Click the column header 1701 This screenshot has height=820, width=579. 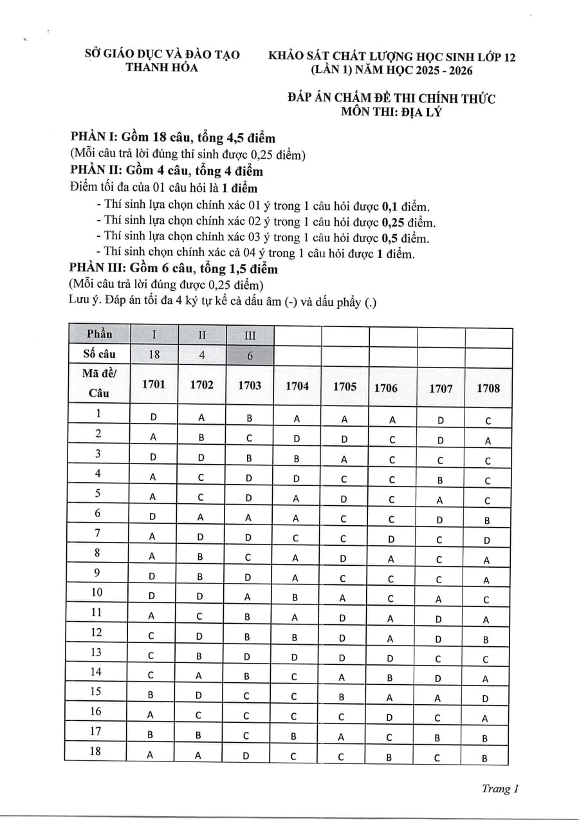pyautogui.click(x=154, y=385)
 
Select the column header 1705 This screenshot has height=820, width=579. pyautogui.click(x=345, y=386)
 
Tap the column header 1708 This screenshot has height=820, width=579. pyautogui.click(x=488, y=388)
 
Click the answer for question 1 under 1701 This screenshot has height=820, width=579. pyautogui.click(x=154, y=416)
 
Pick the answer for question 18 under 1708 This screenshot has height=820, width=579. pyautogui.click(x=484, y=758)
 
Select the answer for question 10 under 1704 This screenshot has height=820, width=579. pyautogui.click(x=295, y=597)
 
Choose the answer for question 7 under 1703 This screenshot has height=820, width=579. pyautogui.click(x=248, y=537)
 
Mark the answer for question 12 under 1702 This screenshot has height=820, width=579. pyautogui.click(x=201, y=637)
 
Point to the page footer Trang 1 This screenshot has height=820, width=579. pyautogui.click(x=500, y=789)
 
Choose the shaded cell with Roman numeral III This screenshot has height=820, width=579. pyautogui.click(x=250, y=335)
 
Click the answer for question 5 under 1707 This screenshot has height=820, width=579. pyautogui.click(x=439, y=500)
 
